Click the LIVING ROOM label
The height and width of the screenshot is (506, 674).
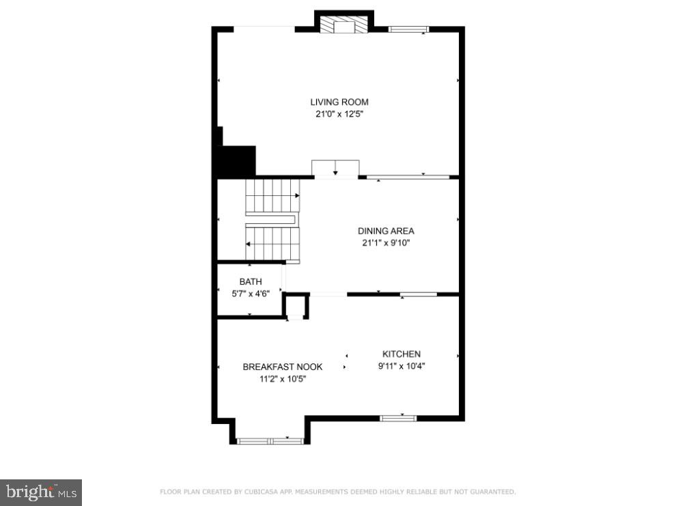pos(339,102)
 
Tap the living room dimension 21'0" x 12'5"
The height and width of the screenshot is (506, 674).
pos(339,115)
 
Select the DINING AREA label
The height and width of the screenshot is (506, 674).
pos(386,231)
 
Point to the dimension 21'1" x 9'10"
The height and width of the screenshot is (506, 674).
pos(386,242)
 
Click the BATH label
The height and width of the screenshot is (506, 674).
pos(250,282)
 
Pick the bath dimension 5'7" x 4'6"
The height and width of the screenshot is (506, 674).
pos(250,294)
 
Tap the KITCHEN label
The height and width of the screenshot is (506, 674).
pos(401,354)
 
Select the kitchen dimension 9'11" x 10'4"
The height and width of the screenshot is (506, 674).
pos(401,366)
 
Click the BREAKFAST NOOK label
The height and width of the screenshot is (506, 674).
pos(283,367)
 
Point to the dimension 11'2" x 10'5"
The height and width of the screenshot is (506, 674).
pos(283,378)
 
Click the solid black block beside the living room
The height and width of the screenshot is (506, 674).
pos(236,161)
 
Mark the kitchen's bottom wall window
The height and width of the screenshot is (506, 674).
pos(398,417)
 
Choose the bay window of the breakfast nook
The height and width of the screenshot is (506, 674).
pos(270,441)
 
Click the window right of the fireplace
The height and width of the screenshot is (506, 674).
pos(408,29)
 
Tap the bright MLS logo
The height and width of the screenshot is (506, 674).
pos(41,491)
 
